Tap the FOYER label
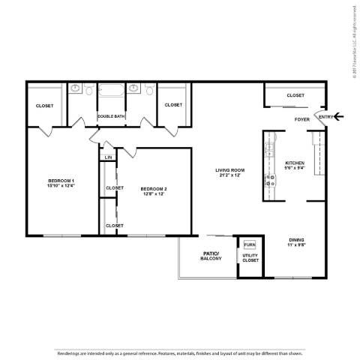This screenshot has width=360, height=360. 302,119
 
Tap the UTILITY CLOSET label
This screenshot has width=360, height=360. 250,259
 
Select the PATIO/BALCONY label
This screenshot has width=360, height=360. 211,257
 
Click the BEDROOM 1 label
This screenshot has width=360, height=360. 61,181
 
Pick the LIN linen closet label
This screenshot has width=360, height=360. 109,157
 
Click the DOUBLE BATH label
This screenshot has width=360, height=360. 110,115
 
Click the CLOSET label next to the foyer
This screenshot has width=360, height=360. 295,95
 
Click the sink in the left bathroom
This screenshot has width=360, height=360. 75,88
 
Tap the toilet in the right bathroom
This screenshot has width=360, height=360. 148,91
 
